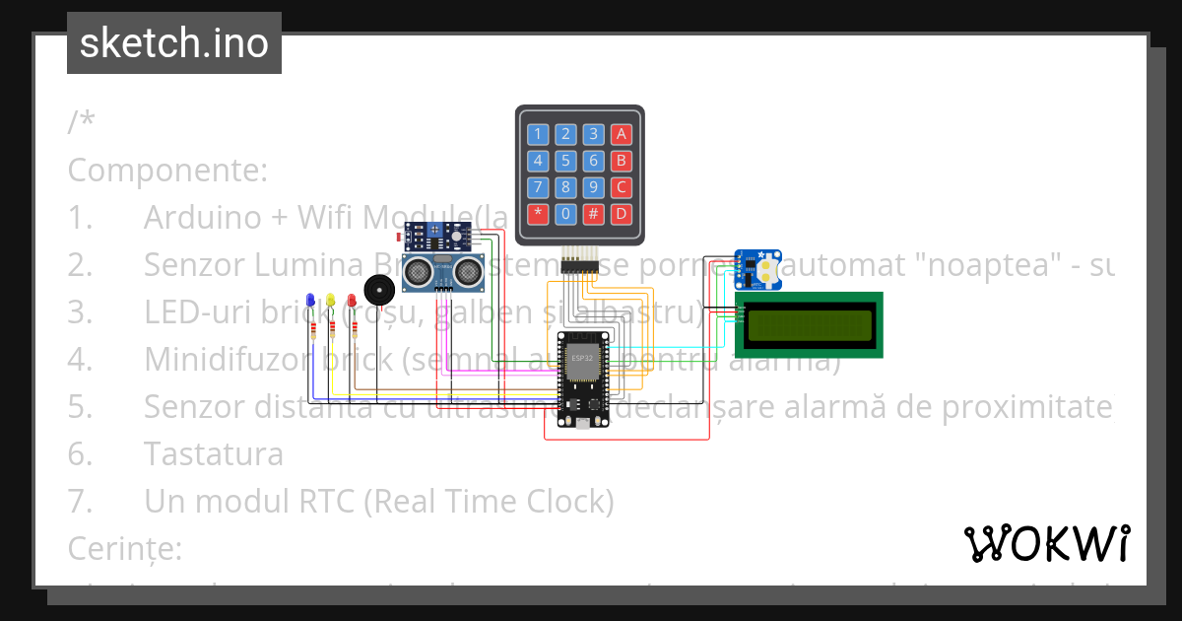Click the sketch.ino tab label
tap(173, 43)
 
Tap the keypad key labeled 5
tap(565, 161)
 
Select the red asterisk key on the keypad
tap(537, 213)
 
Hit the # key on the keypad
tap(593, 213)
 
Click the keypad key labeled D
tap(622, 213)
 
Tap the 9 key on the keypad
tap(593, 187)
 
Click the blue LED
tap(311, 300)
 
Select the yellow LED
tap(331, 300)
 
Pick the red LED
tap(351, 300)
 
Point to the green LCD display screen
tap(809, 325)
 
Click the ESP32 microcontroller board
tap(583, 380)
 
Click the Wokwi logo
tap(1046, 543)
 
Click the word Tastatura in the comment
tap(213, 454)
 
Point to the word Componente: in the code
tap(167, 170)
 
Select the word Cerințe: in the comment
tap(125, 548)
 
